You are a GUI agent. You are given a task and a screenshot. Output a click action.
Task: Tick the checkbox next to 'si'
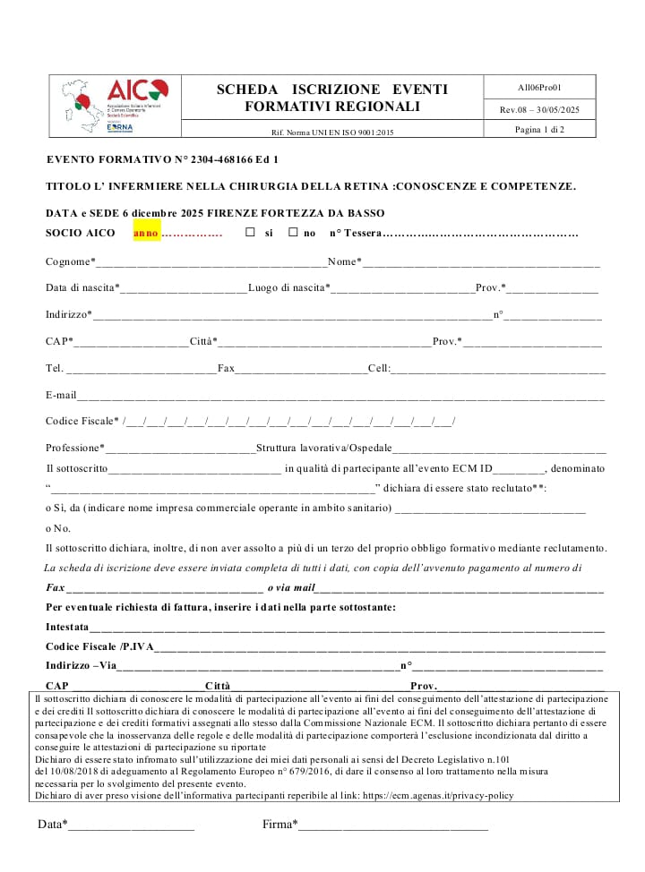[x=250, y=233]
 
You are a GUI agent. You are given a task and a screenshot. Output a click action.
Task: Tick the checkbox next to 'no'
[x=293, y=233]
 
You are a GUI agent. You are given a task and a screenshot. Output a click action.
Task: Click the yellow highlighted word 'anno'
[x=146, y=233]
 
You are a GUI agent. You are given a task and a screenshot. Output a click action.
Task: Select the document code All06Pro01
[x=539, y=88]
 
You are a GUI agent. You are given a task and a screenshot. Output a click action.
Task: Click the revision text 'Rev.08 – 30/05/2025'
[x=539, y=109]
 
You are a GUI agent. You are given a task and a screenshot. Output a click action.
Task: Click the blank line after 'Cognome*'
[x=211, y=262]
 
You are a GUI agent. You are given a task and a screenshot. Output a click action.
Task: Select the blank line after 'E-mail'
[x=340, y=395]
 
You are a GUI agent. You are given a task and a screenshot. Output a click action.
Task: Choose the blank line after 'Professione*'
[x=180, y=448]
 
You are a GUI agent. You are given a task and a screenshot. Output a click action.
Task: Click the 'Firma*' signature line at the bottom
[x=393, y=825]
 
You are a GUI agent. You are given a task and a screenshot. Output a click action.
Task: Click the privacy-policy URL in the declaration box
[x=438, y=794]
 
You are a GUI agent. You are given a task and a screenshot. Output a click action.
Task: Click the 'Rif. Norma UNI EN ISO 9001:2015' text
[x=331, y=133]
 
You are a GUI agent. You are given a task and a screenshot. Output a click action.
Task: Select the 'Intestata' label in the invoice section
[x=67, y=627]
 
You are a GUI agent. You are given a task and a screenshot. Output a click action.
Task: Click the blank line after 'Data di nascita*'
[x=184, y=288]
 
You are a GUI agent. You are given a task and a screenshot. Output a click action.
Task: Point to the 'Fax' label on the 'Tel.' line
[x=226, y=368]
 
